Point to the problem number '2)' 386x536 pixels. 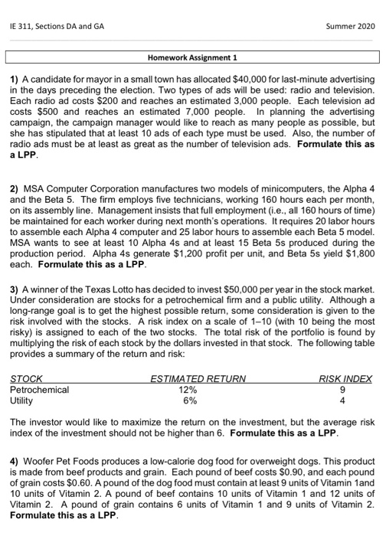(15, 187)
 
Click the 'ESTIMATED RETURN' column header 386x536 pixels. (198, 378)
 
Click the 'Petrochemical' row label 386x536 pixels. (39, 389)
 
